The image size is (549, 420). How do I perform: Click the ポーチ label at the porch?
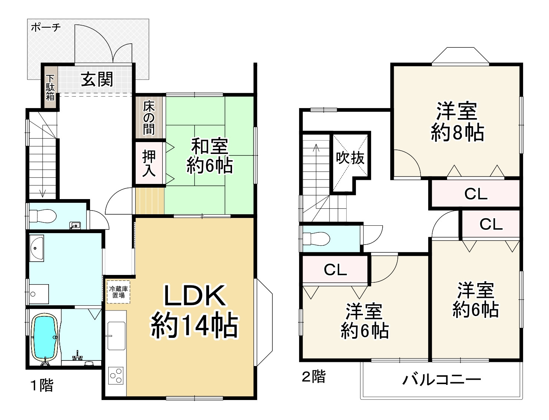coord(45,27)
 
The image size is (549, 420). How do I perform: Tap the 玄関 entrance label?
coord(97,79)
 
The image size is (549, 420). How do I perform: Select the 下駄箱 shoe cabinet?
coord(50,87)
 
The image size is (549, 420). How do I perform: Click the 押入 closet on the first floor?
coord(149,163)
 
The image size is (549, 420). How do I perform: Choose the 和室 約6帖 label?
coord(209,156)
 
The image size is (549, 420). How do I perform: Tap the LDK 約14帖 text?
coord(194,311)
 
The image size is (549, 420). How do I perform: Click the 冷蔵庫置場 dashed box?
coord(118,292)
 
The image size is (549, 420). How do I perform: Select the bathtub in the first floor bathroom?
coord(45,337)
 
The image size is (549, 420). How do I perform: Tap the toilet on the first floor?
coord(43,215)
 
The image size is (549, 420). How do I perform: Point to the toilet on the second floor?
coord(316,238)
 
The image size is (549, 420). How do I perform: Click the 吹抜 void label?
coord(350,158)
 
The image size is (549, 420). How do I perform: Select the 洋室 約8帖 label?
coord(457,122)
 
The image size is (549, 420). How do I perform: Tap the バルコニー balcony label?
coord(441,380)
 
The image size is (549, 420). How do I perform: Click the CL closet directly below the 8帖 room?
coord(476,194)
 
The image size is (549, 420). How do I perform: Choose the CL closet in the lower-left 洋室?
coord(335,270)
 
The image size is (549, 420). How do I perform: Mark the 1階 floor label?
coord(42,386)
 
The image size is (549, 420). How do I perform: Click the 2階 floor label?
coord(314,377)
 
